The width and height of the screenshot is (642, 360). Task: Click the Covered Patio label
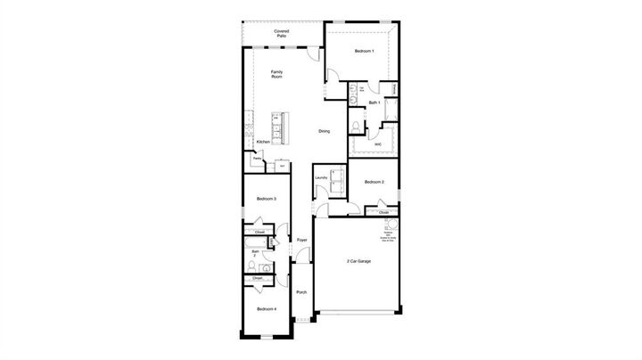click(281, 33)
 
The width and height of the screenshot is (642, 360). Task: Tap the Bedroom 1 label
click(364, 52)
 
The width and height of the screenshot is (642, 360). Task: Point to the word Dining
click(324, 132)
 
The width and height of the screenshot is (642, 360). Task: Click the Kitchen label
click(263, 142)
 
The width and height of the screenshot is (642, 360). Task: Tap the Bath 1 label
click(374, 103)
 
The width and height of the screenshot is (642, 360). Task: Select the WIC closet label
click(378, 143)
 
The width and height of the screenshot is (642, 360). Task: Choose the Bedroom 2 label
click(374, 183)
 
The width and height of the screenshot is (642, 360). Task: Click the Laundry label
click(322, 177)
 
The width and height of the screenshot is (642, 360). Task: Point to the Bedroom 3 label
click(266, 198)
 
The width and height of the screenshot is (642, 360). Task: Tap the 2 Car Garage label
click(360, 261)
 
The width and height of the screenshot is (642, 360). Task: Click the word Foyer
click(302, 240)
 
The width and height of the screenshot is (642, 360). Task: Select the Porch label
click(301, 292)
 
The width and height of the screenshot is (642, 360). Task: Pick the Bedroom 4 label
click(267, 308)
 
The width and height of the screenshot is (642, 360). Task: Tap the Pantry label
click(256, 159)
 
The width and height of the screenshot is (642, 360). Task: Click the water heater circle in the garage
click(389, 224)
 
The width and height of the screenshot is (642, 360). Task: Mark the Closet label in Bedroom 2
click(383, 213)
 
